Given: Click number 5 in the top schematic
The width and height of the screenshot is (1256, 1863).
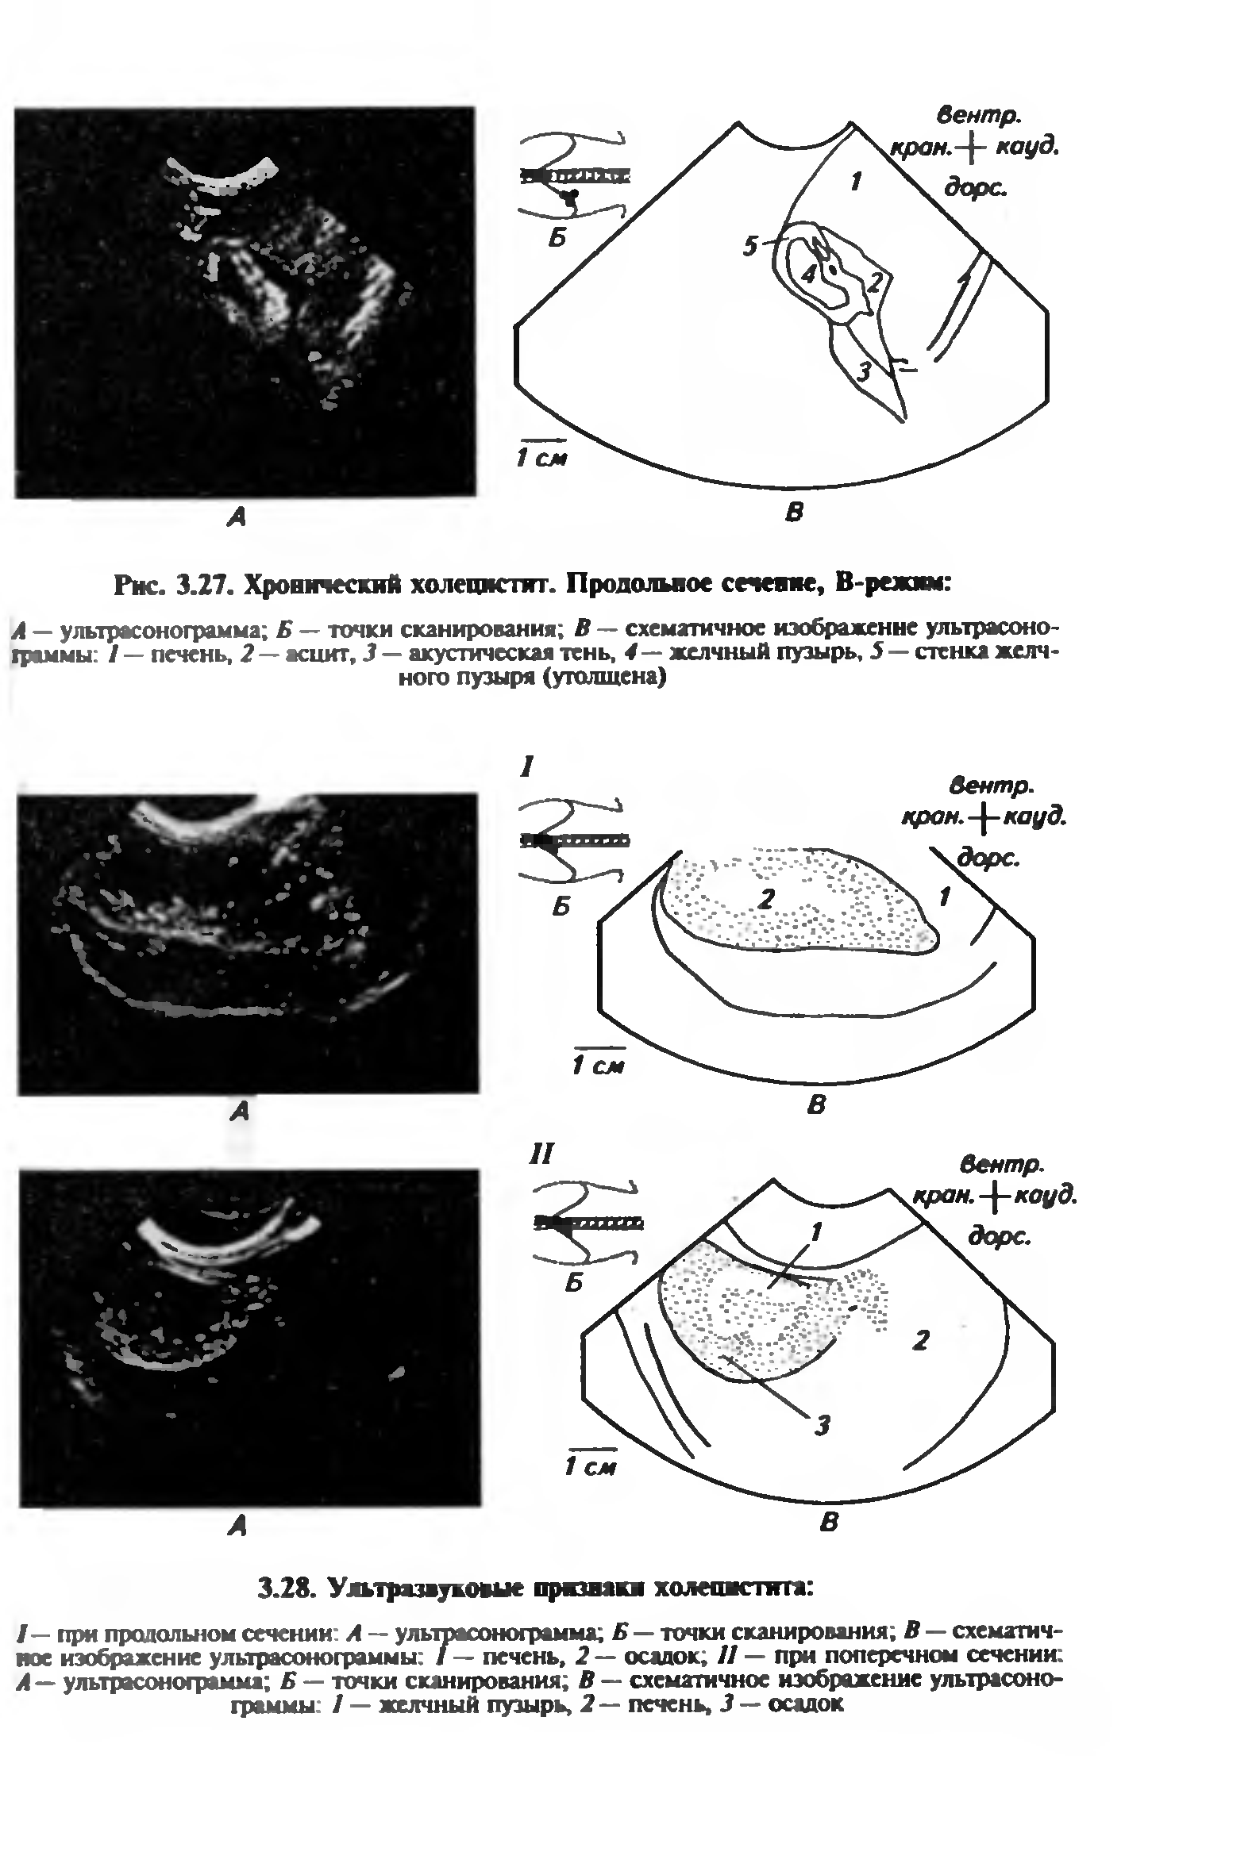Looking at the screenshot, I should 749,246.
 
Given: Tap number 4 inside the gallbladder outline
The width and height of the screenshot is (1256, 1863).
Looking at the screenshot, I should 809,274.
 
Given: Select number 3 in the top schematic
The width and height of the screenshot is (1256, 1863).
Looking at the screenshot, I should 864,371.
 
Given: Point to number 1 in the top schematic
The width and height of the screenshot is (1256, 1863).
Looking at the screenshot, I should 857,182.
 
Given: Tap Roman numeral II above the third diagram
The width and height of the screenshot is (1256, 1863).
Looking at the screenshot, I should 541,1154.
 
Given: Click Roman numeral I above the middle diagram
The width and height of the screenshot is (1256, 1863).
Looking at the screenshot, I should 526,768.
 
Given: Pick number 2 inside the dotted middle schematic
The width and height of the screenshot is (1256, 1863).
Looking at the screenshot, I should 767,898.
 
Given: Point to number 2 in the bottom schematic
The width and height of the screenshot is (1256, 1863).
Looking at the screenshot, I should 921,1339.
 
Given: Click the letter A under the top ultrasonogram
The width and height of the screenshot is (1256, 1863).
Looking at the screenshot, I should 236,518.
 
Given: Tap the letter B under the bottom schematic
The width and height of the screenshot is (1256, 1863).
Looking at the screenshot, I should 829,1522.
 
